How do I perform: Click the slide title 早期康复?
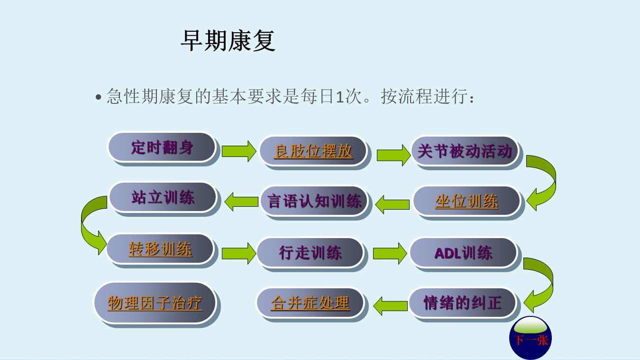228,41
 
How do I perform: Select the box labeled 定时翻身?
162,147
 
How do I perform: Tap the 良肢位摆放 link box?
313,151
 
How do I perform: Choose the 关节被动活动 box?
465,151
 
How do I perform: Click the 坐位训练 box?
466,201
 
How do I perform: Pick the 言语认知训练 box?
314,201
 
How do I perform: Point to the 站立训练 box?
163,197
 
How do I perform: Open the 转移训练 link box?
160,249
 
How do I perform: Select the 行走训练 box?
311,252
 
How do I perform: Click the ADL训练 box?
463,253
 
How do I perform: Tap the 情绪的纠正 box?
462,303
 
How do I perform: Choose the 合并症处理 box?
311,303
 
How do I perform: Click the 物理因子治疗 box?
155,303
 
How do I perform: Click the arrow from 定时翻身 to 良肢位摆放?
239,151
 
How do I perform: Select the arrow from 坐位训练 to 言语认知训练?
392,204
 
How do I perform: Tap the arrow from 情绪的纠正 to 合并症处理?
391,305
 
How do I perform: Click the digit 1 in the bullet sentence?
339,97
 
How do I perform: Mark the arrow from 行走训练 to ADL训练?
390,253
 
